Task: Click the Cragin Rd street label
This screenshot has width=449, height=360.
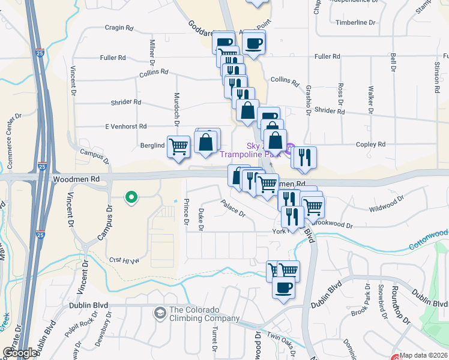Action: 118,28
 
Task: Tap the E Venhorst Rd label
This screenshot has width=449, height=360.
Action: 126,127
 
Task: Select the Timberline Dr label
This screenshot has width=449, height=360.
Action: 355,23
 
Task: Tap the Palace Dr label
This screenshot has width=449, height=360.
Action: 233,208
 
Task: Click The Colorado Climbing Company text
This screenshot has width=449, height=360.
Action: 204,314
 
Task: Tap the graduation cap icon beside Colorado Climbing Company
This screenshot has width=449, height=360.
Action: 160,313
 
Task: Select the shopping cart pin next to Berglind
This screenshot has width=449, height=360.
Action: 178,145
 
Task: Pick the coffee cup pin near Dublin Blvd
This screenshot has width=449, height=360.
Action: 283,286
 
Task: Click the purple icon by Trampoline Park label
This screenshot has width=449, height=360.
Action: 289,148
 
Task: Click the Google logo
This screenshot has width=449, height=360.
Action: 19,353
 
